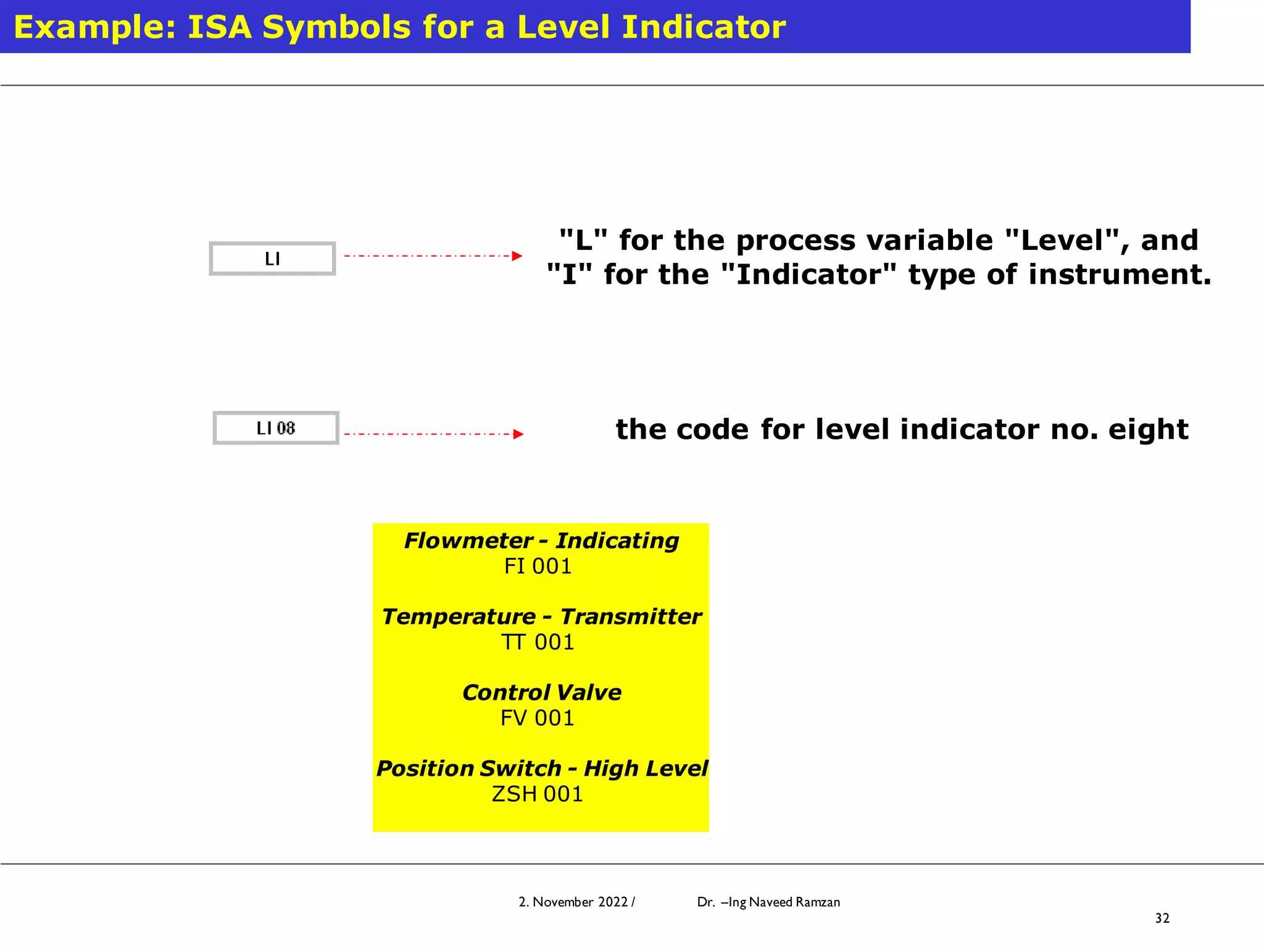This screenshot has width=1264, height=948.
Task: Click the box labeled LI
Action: pyautogui.click(x=272, y=259)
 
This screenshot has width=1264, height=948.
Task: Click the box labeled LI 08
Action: pyautogui.click(x=276, y=428)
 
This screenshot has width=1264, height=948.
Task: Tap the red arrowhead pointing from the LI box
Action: pyautogui.click(x=517, y=256)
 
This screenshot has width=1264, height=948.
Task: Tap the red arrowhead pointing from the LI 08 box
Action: pyautogui.click(x=518, y=434)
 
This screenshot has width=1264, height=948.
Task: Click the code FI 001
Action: pyautogui.click(x=538, y=566)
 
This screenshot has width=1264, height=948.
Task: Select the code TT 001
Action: pyautogui.click(x=538, y=642)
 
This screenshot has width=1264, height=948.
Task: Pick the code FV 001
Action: pyautogui.click(x=538, y=718)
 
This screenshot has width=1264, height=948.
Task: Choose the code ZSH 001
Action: pyautogui.click(x=538, y=794)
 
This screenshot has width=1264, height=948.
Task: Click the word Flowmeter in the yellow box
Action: pyautogui.click(x=468, y=541)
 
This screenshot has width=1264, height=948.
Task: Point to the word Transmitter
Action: pyautogui.click(x=630, y=617)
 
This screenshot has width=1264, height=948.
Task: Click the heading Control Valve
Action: pyautogui.click(x=541, y=692)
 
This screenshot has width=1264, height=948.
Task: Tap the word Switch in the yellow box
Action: pyautogui.click(x=520, y=768)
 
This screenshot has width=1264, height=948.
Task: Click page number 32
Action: pyautogui.click(x=1162, y=918)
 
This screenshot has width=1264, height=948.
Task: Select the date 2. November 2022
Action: pyautogui.click(x=573, y=902)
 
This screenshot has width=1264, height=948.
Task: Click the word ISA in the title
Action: pyautogui.click(x=219, y=27)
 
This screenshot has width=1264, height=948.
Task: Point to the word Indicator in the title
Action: pyautogui.click(x=704, y=27)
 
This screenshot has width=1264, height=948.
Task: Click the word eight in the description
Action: pyautogui.click(x=1148, y=430)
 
